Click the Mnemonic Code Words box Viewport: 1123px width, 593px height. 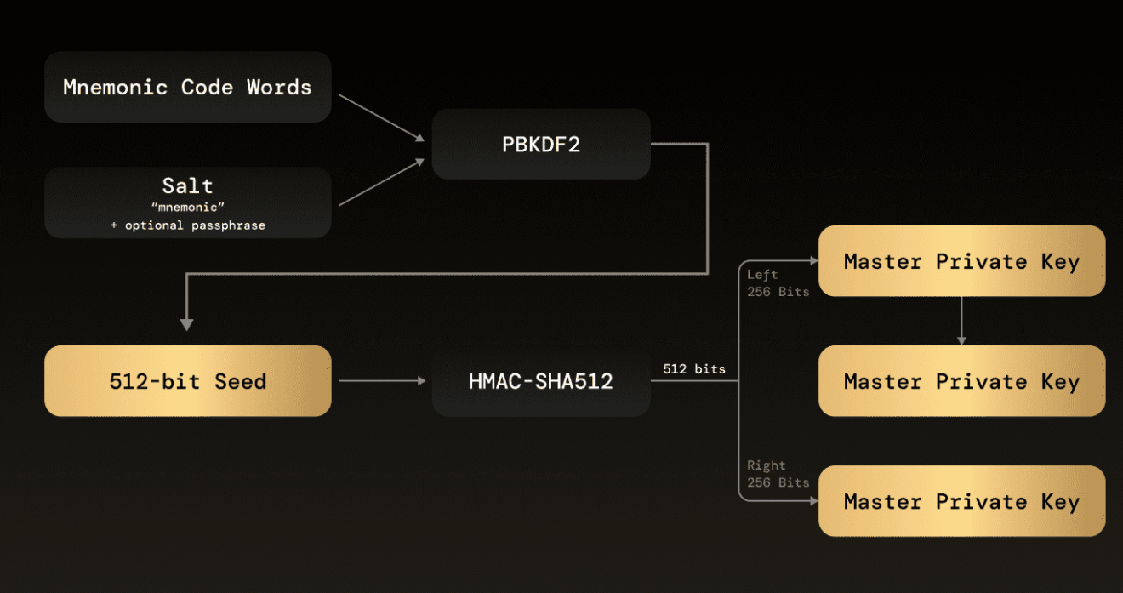point(187,87)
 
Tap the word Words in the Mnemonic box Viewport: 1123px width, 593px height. point(279,87)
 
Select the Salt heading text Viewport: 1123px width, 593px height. point(187,185)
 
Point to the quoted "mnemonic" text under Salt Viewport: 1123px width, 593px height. point(187,208)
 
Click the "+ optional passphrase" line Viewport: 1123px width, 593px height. point(187,225)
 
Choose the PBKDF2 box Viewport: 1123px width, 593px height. point(541,144)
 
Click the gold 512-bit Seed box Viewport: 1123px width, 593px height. point(187,381)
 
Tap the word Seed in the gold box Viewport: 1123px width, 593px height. point(240,381)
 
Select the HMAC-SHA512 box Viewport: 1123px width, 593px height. point(541,381)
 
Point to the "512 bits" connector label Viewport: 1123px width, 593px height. point(694,369)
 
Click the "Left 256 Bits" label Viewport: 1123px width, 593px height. point(778,282)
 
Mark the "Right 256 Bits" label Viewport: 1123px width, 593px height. point(778,474)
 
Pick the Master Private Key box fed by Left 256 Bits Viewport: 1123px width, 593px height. point(961,261)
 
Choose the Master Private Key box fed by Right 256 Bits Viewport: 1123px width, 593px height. point(961,501)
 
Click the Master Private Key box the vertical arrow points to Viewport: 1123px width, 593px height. point(961,381)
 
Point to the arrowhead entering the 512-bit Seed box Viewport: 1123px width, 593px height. point(187,324)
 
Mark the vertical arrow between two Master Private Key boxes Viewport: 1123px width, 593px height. point(961,320)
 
